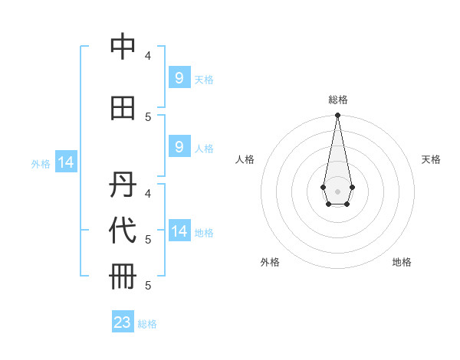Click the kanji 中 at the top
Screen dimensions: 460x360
[x=123, y=47]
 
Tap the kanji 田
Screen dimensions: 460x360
[x=123, y=108]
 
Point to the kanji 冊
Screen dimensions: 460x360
[x=123, y=277]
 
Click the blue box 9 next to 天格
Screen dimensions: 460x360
[x=179, y=78]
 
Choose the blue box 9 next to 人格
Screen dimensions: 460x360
[x=179, y=147]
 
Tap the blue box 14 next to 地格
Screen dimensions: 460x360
[x=179, y=231]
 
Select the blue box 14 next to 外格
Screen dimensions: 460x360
[x=65, y=162]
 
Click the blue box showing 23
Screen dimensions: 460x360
[x=123, y=322]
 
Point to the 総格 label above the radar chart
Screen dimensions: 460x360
[x=337, y=100]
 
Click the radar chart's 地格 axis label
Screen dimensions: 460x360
[x=402, y=262]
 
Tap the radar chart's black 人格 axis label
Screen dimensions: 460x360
[x=245, y=159]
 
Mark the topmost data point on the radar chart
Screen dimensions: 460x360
[x=337, y=116]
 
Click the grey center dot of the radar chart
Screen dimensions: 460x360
[x=337, y=191]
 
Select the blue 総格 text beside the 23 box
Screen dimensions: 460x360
[x=147, y=324]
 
